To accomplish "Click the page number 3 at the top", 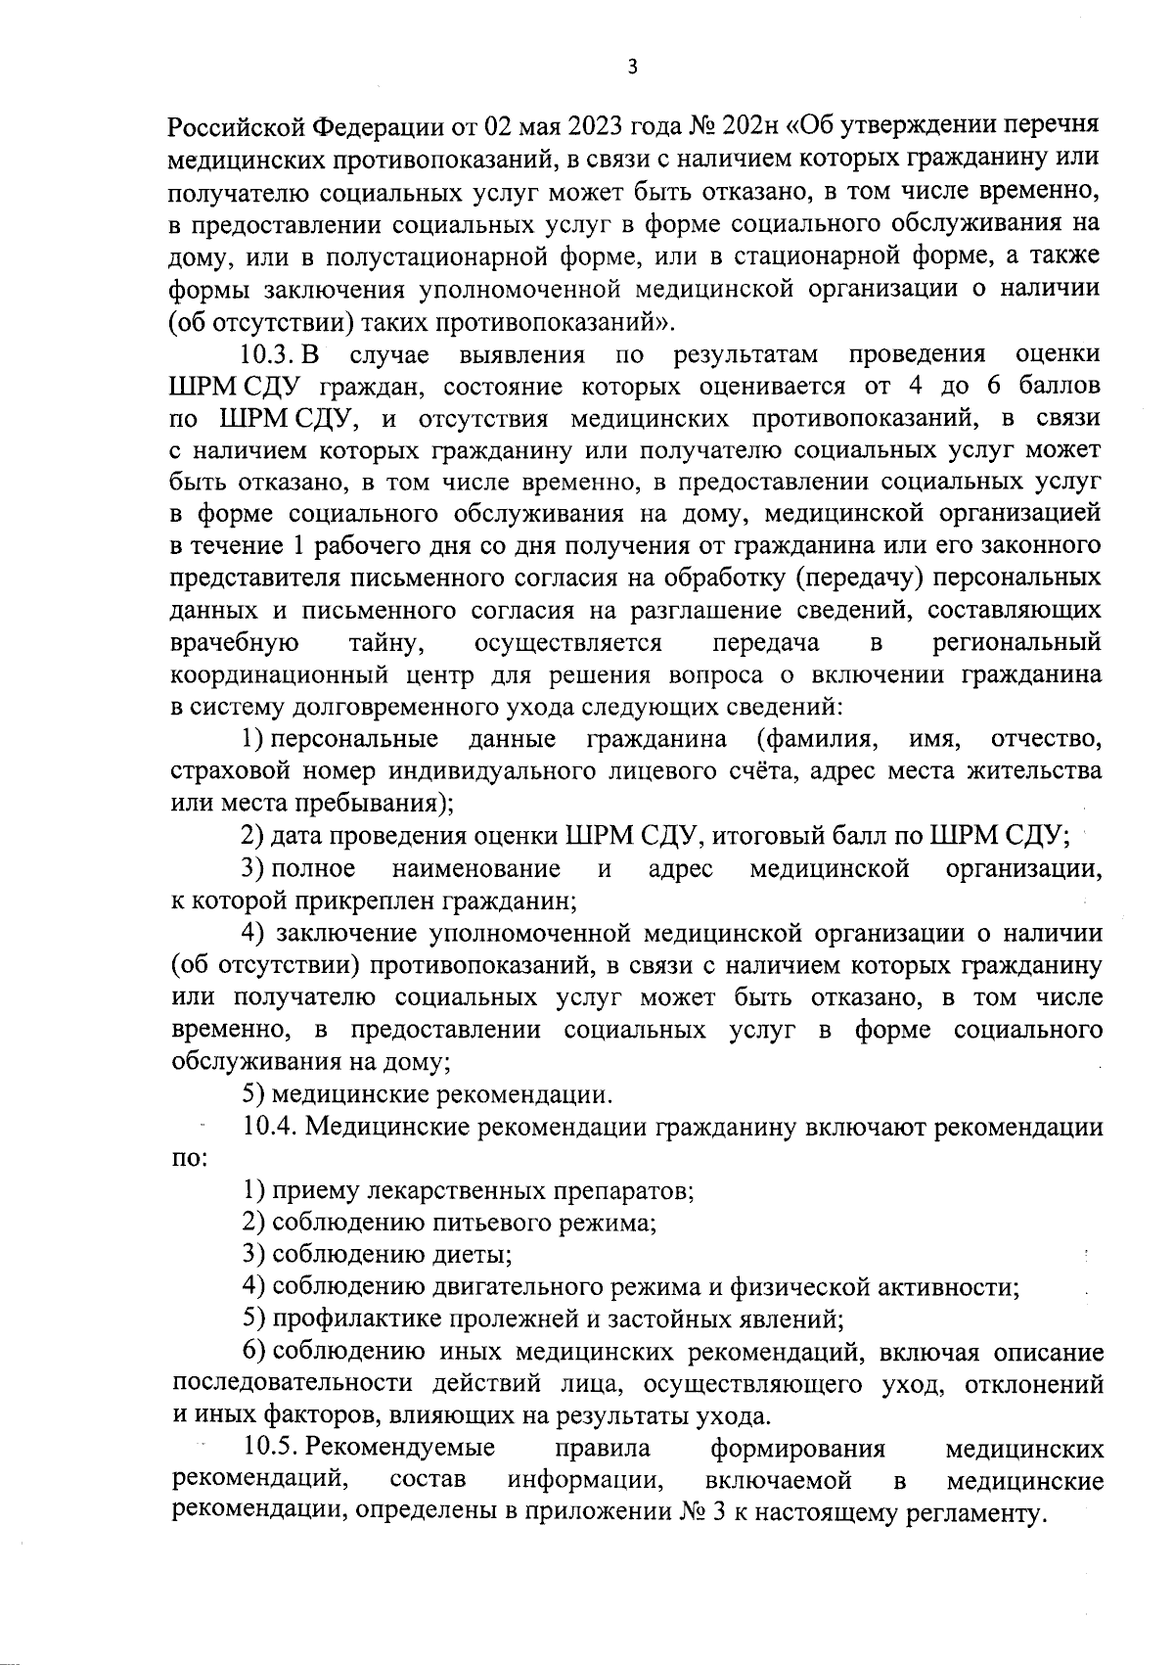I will (x=631, y=67).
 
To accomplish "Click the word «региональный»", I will (x=1016, y=643).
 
